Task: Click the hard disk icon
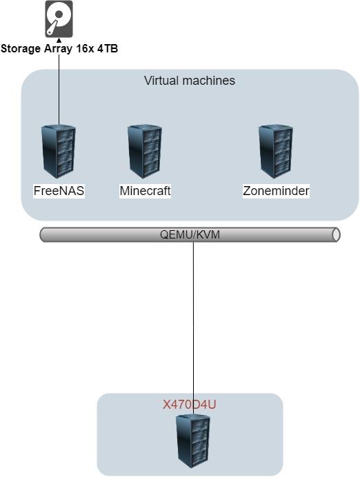[59, 19]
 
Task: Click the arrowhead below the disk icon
[59, 40]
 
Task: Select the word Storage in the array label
[21, 49]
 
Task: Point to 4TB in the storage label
[108, 49]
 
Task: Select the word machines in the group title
[209, 81]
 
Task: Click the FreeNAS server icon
[59, 151]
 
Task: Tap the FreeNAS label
[59, 191]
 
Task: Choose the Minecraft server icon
[145, 151]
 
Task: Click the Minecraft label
[145, 191]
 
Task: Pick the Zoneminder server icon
[276, 151]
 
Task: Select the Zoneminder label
[276, 191]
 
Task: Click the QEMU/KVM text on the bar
[190, 234]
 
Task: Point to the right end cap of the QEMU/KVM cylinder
[337, 235]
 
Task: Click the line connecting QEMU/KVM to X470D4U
[194, 328]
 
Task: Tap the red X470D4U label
[189, 405]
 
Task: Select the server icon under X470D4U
[193, 441]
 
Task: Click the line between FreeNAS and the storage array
[59, 83]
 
